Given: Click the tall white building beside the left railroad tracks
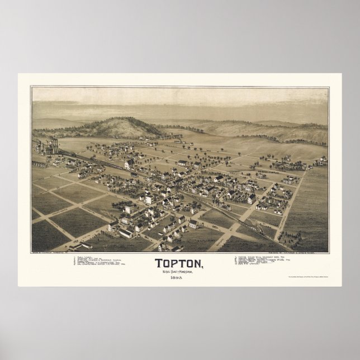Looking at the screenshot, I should pos(129,164).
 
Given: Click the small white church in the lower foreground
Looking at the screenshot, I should pos(193,224).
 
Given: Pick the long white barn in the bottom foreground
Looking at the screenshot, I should pos(126,233).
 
